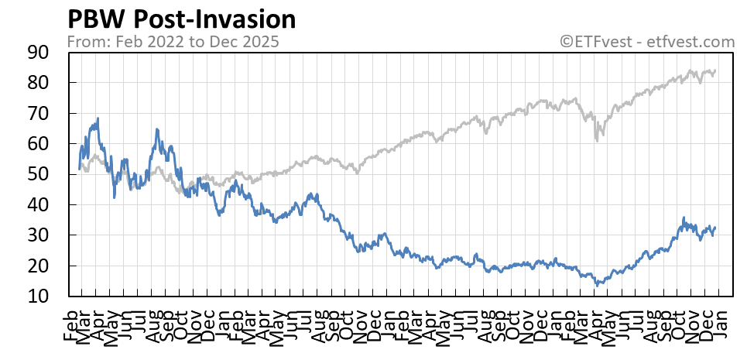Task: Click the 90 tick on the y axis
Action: click(39, 53)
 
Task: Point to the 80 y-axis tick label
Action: click(39, 83)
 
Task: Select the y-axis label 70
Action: click(39, 114)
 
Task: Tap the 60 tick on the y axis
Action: click(39, 144)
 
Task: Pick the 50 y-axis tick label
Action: click(39, 175)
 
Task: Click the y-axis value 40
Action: click(39, 205)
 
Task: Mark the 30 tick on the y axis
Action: click(39, 235)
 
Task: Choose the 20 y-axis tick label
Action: click(39, 266)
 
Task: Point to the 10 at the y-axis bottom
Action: click(39, 297)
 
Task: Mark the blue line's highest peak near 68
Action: click(98, 118)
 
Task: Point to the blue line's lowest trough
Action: click(597, 285)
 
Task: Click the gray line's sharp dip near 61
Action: click(597, 140)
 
